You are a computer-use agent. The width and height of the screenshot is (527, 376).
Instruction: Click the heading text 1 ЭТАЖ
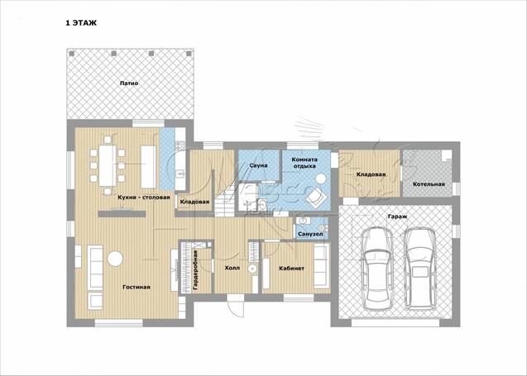pyautogui.click(x=81, y=23)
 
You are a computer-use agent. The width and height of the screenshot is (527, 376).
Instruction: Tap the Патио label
pyautogui.click(x=129, y=83)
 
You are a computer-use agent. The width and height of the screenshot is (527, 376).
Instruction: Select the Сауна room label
pyautogui.click(x=258, y=165)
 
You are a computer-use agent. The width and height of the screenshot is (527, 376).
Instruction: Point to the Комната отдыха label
pyautogui.click(x=304, y=163)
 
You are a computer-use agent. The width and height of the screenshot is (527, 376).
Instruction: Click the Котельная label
pyautogui.click(x=429, y=184)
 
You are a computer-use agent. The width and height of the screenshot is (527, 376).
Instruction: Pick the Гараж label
pyautogui.click(x=397, y=217)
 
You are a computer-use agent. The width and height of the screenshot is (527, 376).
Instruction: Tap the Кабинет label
pyautogui.click(x=292, y=269)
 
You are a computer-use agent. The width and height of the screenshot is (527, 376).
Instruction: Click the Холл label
pyautogui.click(x=232, y=269)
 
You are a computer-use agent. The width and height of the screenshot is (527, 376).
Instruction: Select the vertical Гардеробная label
pyautogui.click(x=195, y=270)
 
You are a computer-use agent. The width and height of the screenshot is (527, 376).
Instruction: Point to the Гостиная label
pyautogui.click(x=137, y=287)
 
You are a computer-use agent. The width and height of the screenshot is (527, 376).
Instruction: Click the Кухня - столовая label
pyautogui.click(x=144, y=198)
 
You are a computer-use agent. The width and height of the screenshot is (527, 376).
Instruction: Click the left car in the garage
pyautogui.click(x=378, y=269)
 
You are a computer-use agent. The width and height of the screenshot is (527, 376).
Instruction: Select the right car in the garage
pyautogui.click(x=419, y=269)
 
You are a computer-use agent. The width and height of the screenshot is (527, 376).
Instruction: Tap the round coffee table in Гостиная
pyautogui.click(x=115, y=259)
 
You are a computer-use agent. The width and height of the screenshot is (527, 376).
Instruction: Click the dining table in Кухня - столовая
pyautogui.click(x=108, y=165)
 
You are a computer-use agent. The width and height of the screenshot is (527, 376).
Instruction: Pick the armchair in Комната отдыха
pyautogui.click(x=315, y=198)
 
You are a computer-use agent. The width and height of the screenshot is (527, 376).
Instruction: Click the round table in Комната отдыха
pyautogui.click(x=320, y=178)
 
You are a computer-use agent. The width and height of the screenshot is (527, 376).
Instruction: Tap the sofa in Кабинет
pyautogui.click(x=321, y=266)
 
